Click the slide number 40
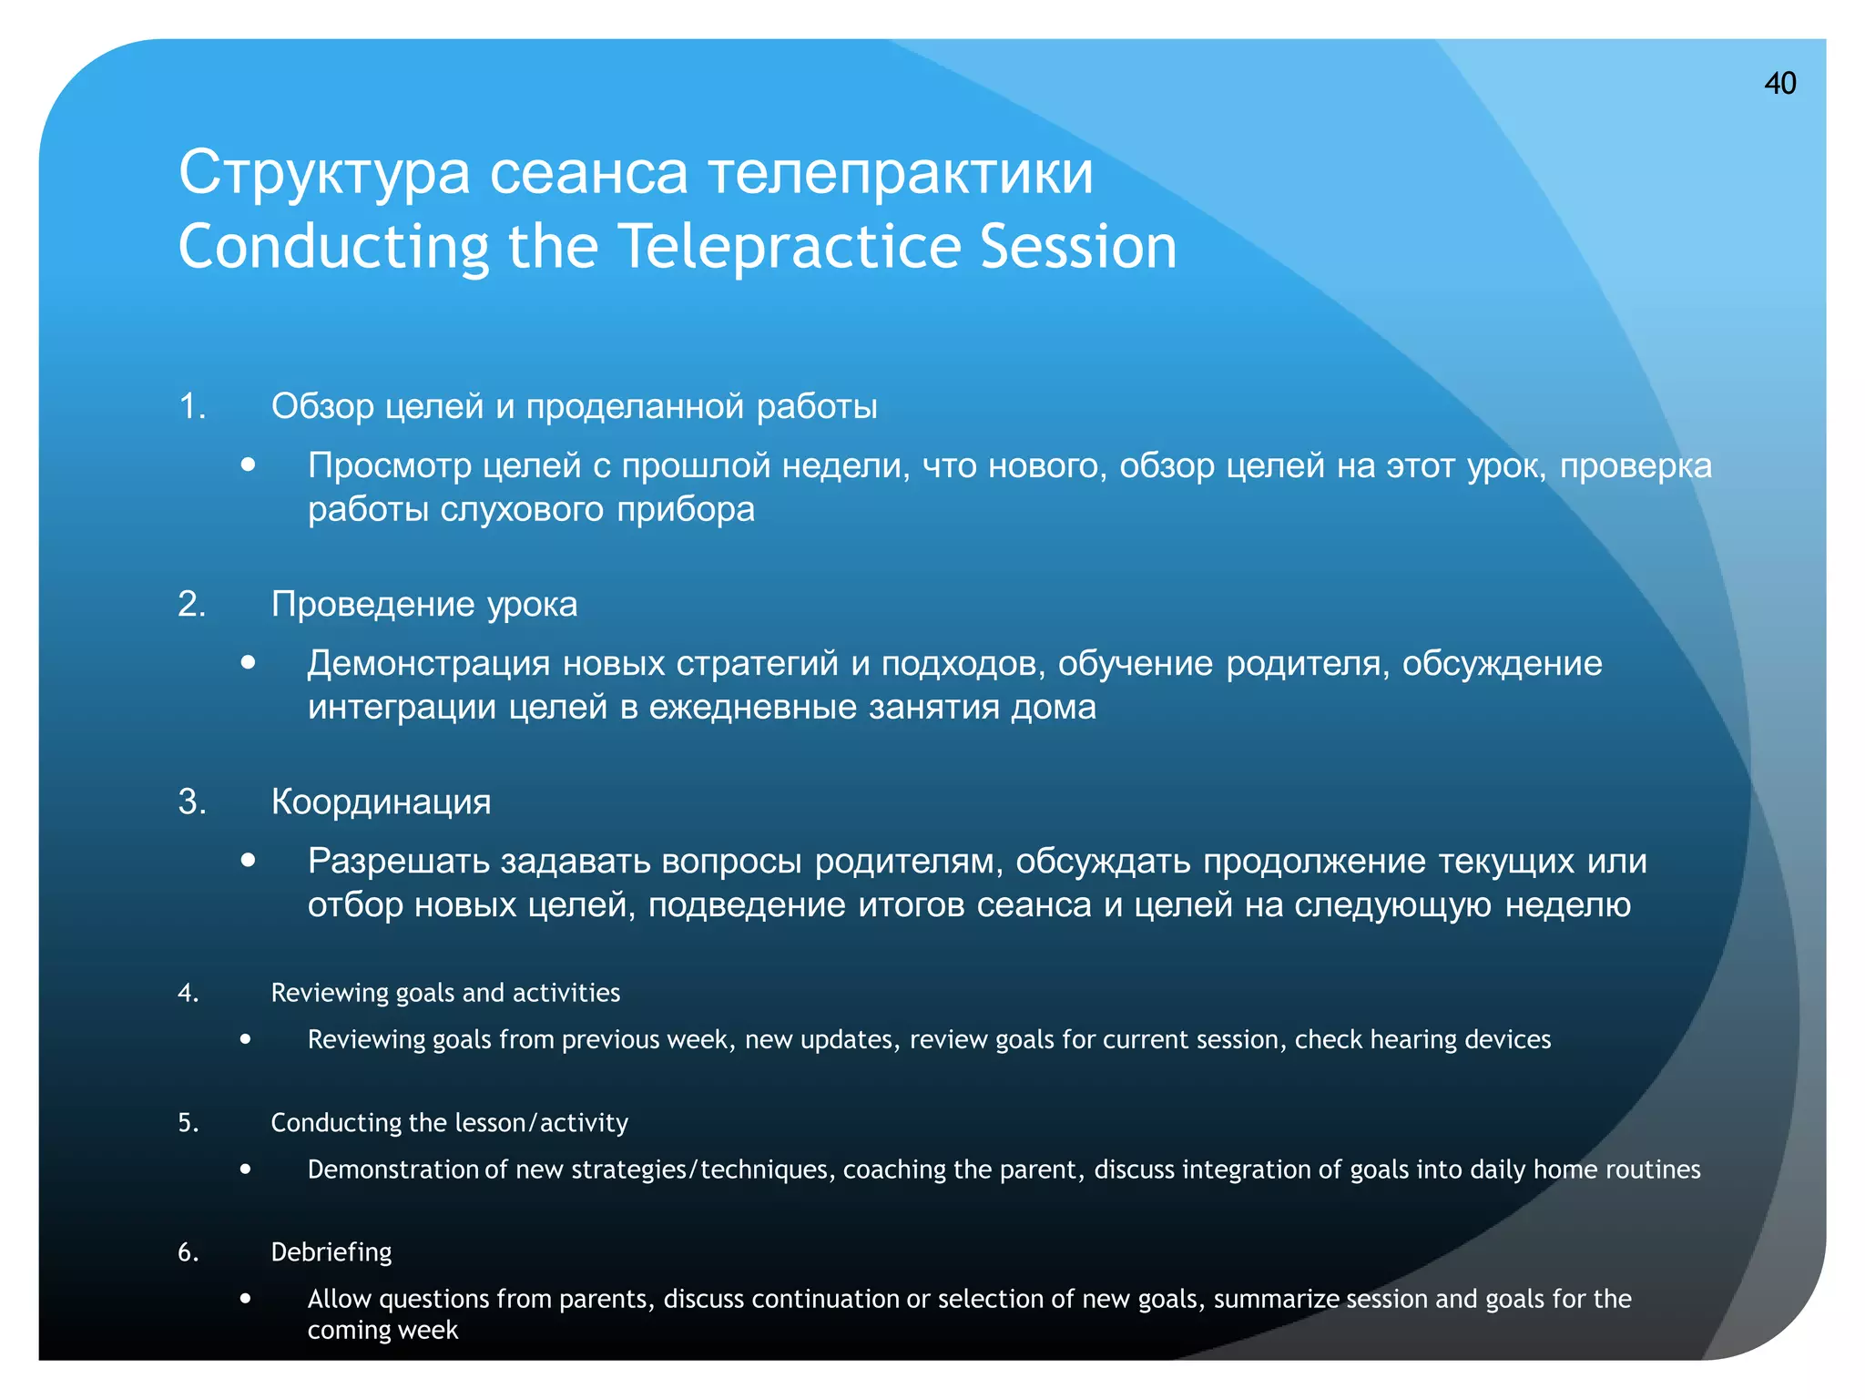point(1779,84)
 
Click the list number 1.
point(191,406)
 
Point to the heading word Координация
point(381,802)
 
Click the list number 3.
point(191,802)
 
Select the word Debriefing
point(331,1252)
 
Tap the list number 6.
point(188,1252)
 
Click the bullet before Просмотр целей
point(248,465)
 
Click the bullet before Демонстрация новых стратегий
point(248,663)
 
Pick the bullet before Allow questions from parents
point(246,1298)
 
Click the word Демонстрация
point(428,663)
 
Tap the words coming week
point(382,1330)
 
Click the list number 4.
point(188,993)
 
